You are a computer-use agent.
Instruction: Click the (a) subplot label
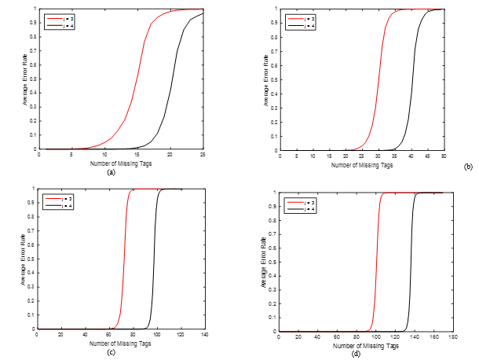pyautogui.click(x=111, y=171)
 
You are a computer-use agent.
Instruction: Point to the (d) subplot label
pyautogui.click(x=357, y=354)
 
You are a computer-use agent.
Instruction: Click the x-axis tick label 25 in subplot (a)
pyautogui.click(x=203, y=155)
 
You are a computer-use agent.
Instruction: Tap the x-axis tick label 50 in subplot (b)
pyautogui.click(x=443, y=156)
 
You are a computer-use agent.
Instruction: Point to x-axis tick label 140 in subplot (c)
pyautogui.click(x=204, y=336)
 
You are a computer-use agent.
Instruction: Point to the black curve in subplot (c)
pyautogui.click(x=155, y=259)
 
